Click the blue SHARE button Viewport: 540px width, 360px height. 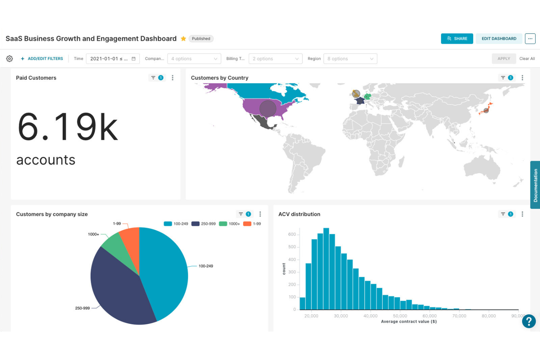click(x=456, y=39)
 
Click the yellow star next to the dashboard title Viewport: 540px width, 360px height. click(x=184, y=39)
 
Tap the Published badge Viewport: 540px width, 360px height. click(x=201, y=39)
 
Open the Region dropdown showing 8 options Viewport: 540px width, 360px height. click(x=350, y=59)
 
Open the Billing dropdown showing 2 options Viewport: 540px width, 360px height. click(x=275, y=59)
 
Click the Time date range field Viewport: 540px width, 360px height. click(x=112, y=59)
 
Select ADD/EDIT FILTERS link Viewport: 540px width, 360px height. click(x=42, y=59)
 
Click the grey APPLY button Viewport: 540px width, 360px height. click(x=504, y=59)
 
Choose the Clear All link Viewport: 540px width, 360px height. click(x=527, y=59)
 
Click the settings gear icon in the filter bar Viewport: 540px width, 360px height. click(x=9, y=59)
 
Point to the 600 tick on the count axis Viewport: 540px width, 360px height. click(x=292, y=235)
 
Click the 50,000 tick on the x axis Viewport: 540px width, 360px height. click(x=400, y=316)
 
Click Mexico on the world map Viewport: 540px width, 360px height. click(x=264, y=123)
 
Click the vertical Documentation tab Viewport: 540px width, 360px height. click(x=535, y=185)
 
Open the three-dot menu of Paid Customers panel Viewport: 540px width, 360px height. click(x=173, y=78)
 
